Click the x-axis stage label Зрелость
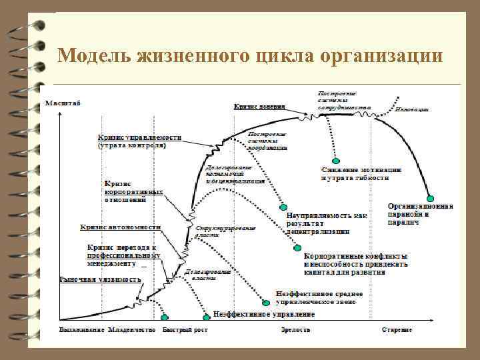click(x=292, y=329)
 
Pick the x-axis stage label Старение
click(x=397, y=329)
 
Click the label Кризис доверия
click(x=259, y=106)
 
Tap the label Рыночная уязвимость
click(x=101, y=279)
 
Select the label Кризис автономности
click(x=121, y=227)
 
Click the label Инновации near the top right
click(x=411, y=108)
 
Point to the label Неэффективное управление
click(x=264, y=313)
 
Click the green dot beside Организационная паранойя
click(x=431, y=198)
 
